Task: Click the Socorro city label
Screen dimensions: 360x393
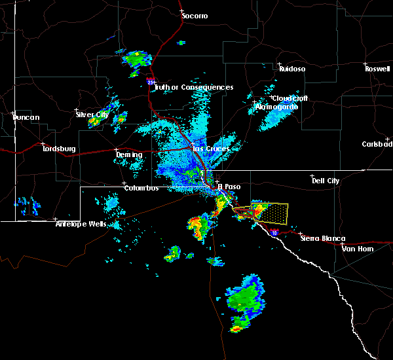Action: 195,16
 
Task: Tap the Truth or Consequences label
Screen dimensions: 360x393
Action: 194,88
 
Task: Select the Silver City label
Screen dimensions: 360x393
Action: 92,115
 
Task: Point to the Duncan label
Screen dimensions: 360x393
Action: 26,118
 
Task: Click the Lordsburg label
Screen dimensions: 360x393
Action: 59,149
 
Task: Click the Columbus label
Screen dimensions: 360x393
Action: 141,189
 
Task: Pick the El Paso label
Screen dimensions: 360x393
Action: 229,187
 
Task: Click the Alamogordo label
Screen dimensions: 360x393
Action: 272,107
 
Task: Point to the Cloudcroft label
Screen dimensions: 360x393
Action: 289,99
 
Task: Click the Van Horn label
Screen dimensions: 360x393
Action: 356,249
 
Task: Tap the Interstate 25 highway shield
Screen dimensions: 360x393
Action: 151,82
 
